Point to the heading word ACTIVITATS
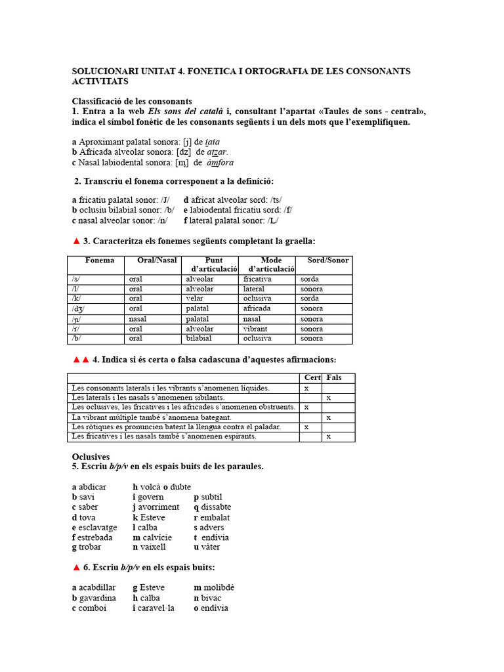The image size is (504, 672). tap(100, 81)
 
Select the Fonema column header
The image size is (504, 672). tap(100, 261)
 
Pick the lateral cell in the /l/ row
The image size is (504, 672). tap(254, 289)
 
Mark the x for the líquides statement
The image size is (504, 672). tap(307, 388)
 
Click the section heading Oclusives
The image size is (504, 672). tap(91, 456)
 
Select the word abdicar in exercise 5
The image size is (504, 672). tap(93, 487)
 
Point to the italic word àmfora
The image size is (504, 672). tap(220, 162)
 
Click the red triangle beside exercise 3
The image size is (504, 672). tap(76, 241)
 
